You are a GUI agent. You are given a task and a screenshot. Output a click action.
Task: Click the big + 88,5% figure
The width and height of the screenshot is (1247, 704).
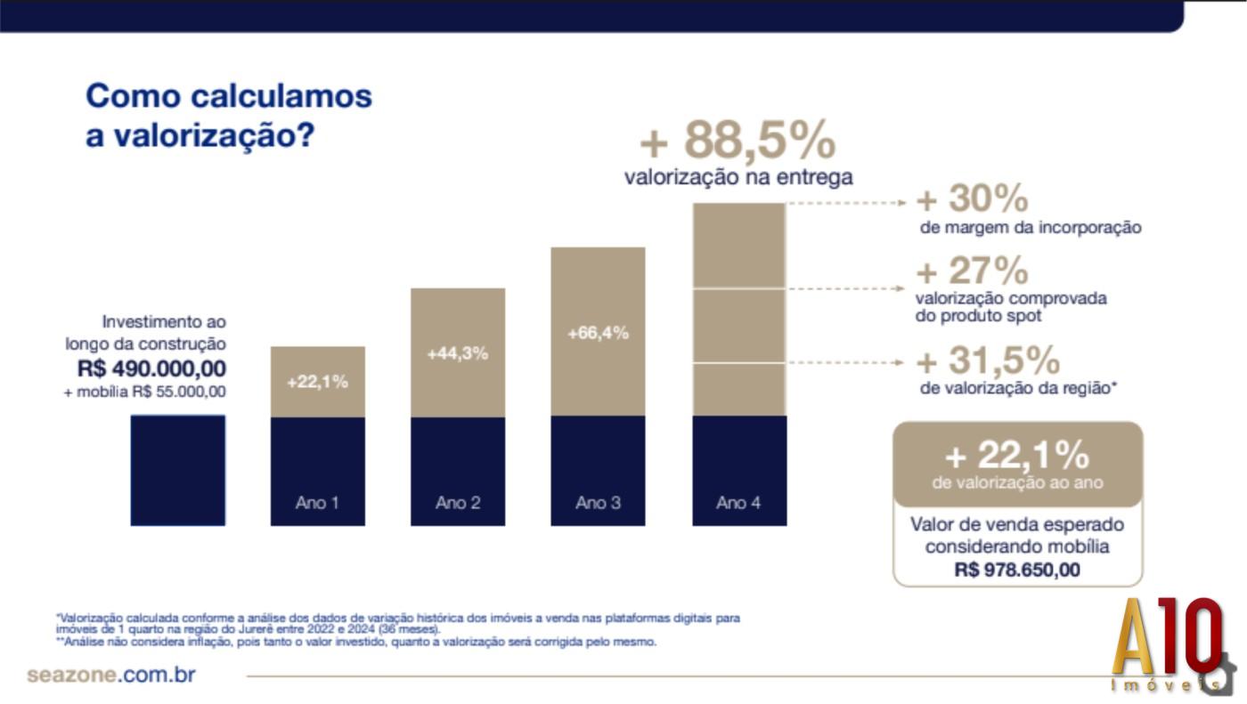click(x=738, y=140)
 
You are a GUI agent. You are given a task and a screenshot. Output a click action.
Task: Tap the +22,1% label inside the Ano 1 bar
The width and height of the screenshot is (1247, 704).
click(x=317, y=382)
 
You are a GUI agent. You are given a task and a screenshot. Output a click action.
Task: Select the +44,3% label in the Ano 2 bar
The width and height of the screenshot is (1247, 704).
click(x=457, y=353)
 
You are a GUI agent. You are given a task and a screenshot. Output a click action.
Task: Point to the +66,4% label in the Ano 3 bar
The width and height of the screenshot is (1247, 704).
click(x=598, y=333)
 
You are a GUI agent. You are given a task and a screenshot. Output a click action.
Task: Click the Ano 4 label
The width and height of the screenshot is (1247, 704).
click(x=738, y=503)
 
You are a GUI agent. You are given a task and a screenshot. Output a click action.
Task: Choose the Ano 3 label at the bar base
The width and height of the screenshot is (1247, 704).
click(x=598, y=503)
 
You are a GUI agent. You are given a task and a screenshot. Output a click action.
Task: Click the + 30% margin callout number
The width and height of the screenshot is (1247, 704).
click(x=972, y=199)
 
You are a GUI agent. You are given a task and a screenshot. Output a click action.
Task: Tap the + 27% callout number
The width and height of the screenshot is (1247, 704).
click(x=972, y=271)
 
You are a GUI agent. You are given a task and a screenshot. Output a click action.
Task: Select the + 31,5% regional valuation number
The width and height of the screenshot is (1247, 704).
click(x=988, y=360)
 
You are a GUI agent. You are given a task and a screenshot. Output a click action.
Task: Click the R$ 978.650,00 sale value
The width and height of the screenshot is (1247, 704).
click(x=1017, y=570)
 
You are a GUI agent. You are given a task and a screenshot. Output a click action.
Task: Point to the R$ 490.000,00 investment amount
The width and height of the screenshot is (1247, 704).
click(x=151, y=368)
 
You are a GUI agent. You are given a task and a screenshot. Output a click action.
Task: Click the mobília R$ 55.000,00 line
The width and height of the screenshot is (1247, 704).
click(x=145, y=392)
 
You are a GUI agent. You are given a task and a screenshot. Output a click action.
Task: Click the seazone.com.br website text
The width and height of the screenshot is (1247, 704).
click(x=111, y=675)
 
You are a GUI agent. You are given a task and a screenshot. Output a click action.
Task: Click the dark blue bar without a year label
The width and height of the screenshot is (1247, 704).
click(x=177, y=470)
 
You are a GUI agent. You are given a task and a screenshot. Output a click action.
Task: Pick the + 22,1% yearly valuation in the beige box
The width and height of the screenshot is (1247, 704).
click(x=1016, y=456)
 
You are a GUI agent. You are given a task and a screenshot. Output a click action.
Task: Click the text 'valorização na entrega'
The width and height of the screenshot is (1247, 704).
click(x=738, y=177)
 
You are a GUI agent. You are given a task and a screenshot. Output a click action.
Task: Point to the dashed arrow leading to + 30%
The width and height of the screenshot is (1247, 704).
click(x=846, y=203)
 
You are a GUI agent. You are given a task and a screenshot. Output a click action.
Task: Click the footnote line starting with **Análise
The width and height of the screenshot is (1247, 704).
click(x=356, y=641)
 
